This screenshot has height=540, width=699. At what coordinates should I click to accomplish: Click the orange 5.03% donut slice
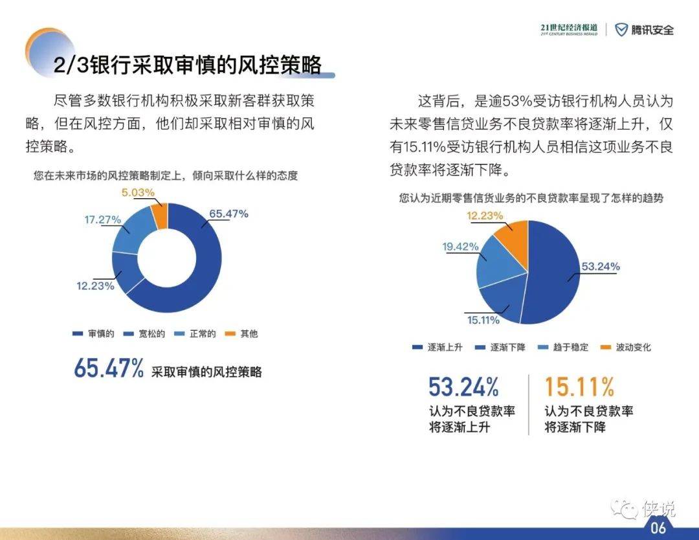pyautogui.click(x=160, y=216)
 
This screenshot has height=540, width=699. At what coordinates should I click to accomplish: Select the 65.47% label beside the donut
pyautogui.click(x=228, y=214)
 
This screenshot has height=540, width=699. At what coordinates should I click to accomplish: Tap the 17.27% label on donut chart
pyautogui.click(x=102, y=220)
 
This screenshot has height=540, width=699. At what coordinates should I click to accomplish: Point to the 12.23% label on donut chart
pyautogui.click(x=95, y=286)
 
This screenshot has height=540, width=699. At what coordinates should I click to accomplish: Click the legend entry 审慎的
pyautogui.click(x=93, y=333)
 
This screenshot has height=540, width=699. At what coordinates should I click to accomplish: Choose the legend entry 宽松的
pyautogui.click(x=144, y=333)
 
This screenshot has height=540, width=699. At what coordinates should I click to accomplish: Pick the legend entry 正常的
pyautogui.click(x=195, y=333)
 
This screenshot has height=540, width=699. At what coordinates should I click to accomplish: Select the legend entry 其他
pyautogui.click(x=241, y=333)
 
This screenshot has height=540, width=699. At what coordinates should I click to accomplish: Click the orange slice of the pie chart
pyautogui.click(x=513, y=236)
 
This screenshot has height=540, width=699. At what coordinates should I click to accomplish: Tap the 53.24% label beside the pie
pyautogui.click(x=601, y=267)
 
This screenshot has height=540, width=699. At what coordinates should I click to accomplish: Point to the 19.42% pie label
pyautogui.click(x=460, y=247)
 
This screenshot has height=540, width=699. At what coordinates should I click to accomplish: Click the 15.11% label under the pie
pyautogui.click(x=483, y=320)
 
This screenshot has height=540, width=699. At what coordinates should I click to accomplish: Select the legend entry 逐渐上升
pyautogui.click(x=438, y=347)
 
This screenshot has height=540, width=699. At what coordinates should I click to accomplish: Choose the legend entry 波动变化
pyautogui.click(x=626, y=347)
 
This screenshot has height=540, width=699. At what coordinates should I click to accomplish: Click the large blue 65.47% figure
pyautogui.click(x=109, y=368)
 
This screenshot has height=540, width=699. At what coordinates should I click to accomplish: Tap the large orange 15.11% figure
pyautogui.click(x=579, y=387)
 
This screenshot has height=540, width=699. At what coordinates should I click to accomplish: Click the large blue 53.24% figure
pyautogui.click(x=463, y=387)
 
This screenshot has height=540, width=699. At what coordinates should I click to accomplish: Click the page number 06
pyautogui.click(x=658, y=528)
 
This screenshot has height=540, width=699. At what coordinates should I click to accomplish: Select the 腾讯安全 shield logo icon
pyautogui.click(x=621, y=30)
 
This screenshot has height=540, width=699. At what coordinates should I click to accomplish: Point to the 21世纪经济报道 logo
pyautogui.click(x=569, y=29)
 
